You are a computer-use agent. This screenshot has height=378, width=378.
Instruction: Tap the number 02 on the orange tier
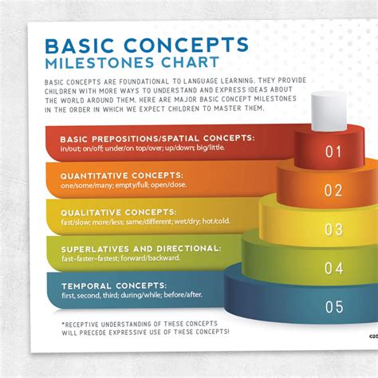(333, 190)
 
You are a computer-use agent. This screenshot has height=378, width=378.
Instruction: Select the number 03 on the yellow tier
(333, 230)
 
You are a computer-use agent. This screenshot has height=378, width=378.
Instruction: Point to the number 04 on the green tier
(333, 267)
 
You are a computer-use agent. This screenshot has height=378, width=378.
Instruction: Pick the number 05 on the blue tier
(334, 306)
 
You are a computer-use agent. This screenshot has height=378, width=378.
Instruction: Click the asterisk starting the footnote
(63, 325)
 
